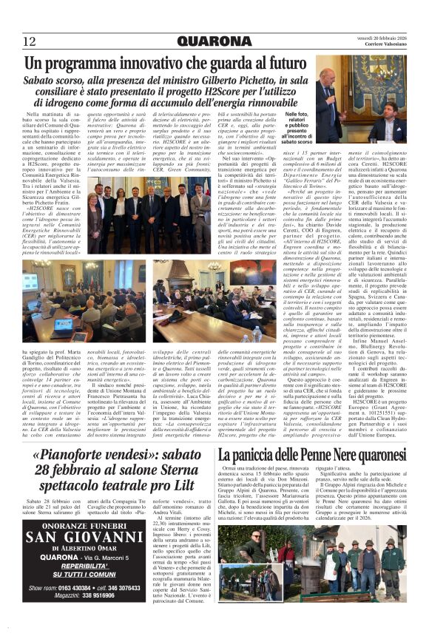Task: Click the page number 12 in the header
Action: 30,40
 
